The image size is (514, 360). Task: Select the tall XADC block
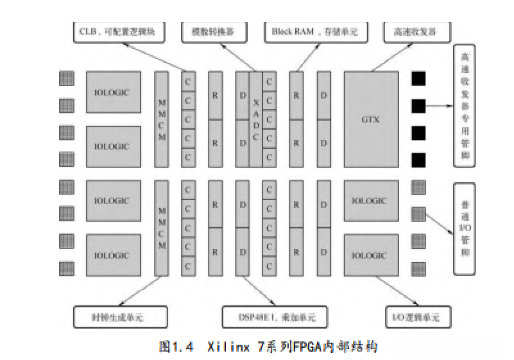click(255, 119)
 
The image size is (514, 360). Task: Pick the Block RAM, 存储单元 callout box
click(301, 31)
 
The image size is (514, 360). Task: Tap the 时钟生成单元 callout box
click(120, 317)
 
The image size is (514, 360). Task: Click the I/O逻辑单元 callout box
click(417, 317)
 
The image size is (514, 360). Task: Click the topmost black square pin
click(418, 78)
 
